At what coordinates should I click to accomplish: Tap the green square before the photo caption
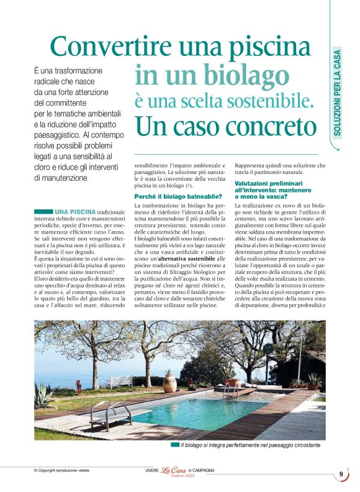tap(175, 445)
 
